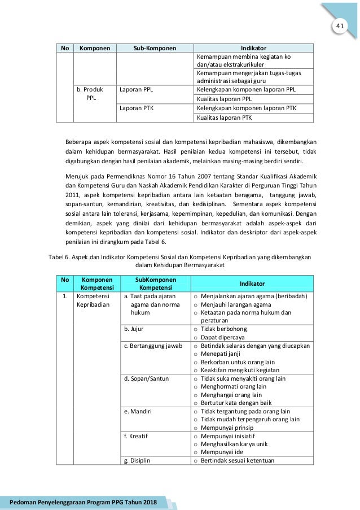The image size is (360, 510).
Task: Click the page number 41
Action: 340,27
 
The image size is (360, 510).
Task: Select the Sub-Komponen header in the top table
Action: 154,49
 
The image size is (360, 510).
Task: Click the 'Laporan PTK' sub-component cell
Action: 139,108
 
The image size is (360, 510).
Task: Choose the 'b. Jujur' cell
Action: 134,329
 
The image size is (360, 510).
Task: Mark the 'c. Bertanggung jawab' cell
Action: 153,346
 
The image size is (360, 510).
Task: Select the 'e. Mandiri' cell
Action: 138,411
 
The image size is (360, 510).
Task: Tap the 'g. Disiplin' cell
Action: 137,460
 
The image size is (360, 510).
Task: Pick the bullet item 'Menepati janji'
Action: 221,354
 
